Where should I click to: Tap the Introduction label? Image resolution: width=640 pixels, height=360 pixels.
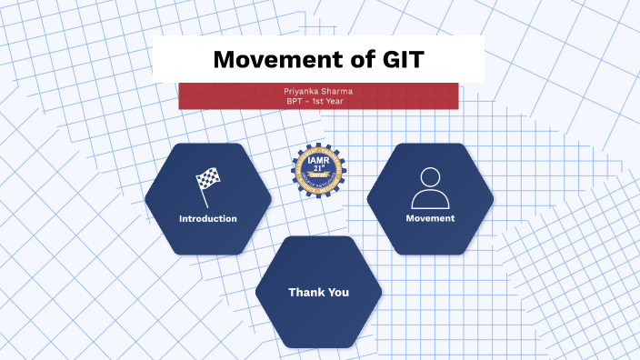(x=208, y=219)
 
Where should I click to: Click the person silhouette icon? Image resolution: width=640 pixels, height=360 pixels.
(x=430, y=189)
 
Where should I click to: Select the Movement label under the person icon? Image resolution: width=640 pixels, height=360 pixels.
(x=430, y=219)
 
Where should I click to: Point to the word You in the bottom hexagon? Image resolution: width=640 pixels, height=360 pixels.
(x=338, y=293)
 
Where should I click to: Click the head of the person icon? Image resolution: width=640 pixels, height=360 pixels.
(x=430, y=177)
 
